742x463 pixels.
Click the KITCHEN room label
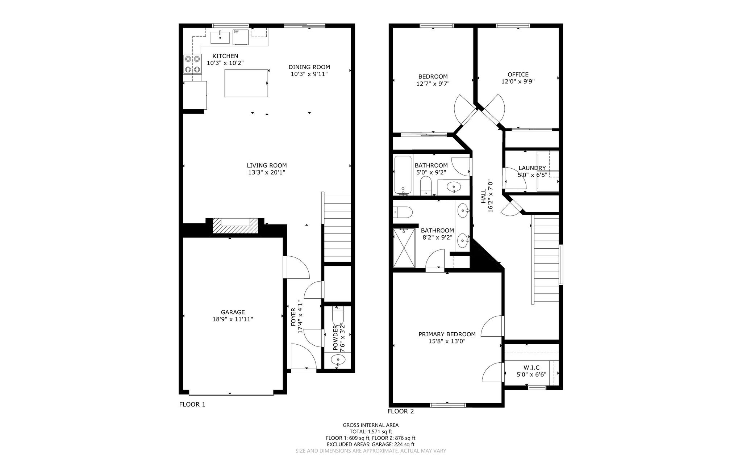click(x=225, y=56)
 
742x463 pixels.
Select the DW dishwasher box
click(x=241, y=37)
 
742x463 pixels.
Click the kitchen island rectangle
click(x=246, y=83)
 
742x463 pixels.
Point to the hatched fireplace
click(x=235, y=226)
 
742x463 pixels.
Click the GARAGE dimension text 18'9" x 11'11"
click(x=233, y=319)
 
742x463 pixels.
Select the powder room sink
click(x=338, y=360)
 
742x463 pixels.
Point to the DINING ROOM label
click(x=309, y=67)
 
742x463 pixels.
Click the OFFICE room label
click(x=518, y=75)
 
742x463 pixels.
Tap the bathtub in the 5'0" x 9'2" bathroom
click(x=403, y=175)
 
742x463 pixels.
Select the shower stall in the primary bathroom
click(x=404, y=248)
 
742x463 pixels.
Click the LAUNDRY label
click(x=532, y=168)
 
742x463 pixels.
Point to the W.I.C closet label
click(x=532, y=368)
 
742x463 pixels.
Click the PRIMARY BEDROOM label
click(x=447, y=334)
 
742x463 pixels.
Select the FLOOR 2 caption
click(x=400, y=411)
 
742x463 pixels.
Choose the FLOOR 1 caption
click(x=192, y=404)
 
